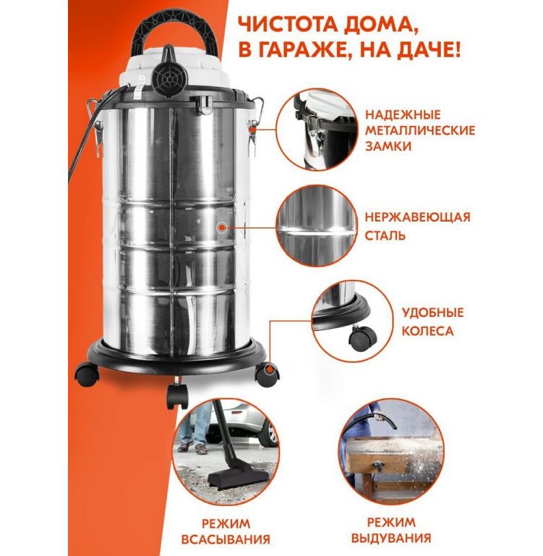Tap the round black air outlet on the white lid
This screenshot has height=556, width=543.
point(169,78)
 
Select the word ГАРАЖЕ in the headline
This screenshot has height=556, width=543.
point(304,51)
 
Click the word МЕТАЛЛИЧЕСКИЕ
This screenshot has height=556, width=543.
point(420,130)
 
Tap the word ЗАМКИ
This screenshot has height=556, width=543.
point(388,146)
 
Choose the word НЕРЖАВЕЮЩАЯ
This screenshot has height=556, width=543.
point(418,217)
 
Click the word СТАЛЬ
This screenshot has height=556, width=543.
point(385,235)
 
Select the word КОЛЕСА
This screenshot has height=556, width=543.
point(427,331)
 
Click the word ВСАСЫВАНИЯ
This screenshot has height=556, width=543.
point(226,539)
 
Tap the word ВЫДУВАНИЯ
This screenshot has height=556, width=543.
point(391,538)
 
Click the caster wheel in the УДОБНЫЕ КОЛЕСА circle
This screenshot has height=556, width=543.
point(362,338)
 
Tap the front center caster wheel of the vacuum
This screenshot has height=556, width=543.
point(177,395)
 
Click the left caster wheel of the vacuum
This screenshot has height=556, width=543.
point(87,374)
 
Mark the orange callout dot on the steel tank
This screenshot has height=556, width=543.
point(222,227)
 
